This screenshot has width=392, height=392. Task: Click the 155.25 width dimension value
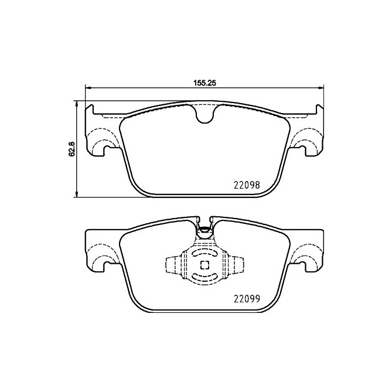(205, 83)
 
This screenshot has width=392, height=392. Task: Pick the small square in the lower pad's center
(205, 265)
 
